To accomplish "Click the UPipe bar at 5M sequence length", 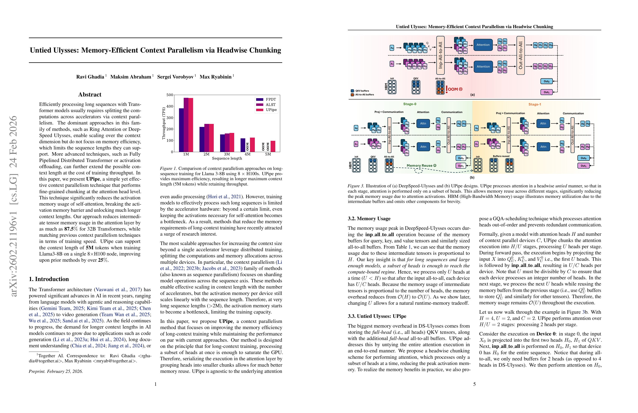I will [x=273, y=146].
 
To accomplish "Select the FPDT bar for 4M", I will [x=243, y=145].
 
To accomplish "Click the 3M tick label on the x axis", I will [x=227, y=154].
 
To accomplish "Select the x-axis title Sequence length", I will [x=227, y=158].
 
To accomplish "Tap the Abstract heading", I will [x=90, y=94].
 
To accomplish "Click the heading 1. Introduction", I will [x=49, y=279].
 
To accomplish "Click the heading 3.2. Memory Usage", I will [x=369, y=219].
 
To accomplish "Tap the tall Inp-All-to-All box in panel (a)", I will [x=440, y=55].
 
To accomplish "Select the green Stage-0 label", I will [x=410, y=104].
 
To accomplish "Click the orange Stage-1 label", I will [x=535, y=104].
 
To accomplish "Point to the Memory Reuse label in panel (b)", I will [x=421, y=165].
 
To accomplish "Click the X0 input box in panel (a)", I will [x=392, y=48].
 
